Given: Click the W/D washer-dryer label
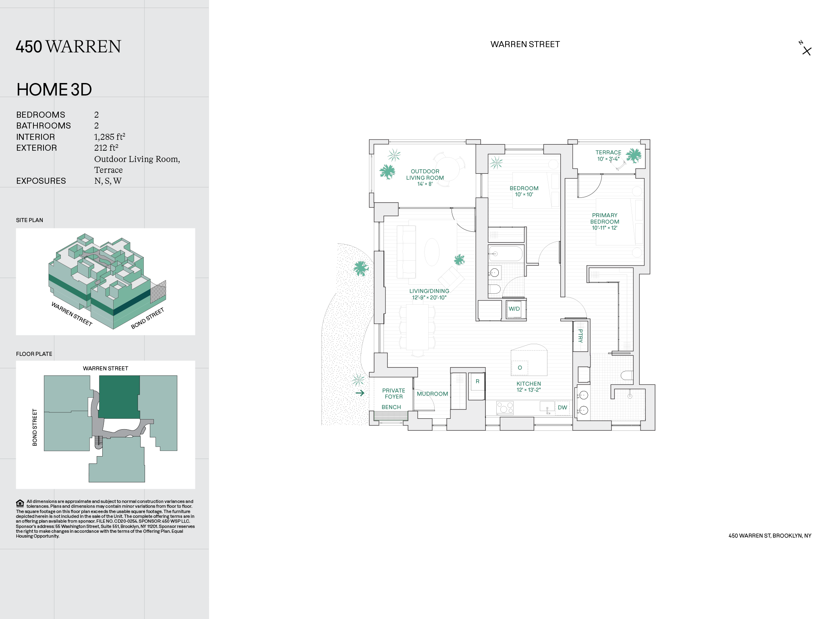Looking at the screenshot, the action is click(514, 309).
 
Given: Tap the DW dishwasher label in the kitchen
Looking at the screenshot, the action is click(562, 407).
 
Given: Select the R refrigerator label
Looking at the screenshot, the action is click(477, 381).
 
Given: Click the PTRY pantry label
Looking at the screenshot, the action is click(580, 336).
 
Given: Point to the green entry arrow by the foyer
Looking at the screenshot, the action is click(360, 393).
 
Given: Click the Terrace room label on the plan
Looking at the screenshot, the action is click(608, 152).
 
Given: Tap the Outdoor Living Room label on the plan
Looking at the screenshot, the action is click(425, 174).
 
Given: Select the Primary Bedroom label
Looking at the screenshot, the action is click(605, 218).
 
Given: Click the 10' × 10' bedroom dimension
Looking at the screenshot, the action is click(524, 195).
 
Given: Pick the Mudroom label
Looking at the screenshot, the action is click(432, 394).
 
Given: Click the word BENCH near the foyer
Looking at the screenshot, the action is click(391, 407).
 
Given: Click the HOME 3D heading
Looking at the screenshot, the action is click(54, 89).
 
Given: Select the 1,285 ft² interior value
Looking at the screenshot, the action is click(110, 137).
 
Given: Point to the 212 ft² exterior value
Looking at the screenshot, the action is click(106, 148).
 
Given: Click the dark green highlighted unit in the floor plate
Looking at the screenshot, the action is click(119, 397).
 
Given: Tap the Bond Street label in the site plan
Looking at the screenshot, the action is click(147, 318).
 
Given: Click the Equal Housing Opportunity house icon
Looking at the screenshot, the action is click(20, 503).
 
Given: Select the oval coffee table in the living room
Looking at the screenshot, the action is click(432, 252).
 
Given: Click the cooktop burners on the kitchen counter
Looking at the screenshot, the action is click(505, 407).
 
